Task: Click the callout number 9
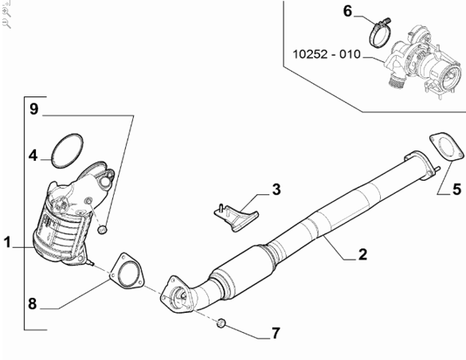click(34, 108)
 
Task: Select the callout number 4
click(33, 155)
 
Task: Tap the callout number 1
click(7, 242)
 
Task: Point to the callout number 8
click(33, 303)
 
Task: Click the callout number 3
click(276, 190)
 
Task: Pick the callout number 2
click(362, 255)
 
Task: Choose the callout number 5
click(456, 190)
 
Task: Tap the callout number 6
click(347, 11)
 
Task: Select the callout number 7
click(276, 333)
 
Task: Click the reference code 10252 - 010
click(327, 54)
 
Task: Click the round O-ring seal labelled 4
click(67, 151)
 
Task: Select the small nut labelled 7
click(221, 323)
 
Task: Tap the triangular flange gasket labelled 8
click(127, 271)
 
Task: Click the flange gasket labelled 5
click(446, 147)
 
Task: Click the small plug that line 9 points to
click(102, 229)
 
